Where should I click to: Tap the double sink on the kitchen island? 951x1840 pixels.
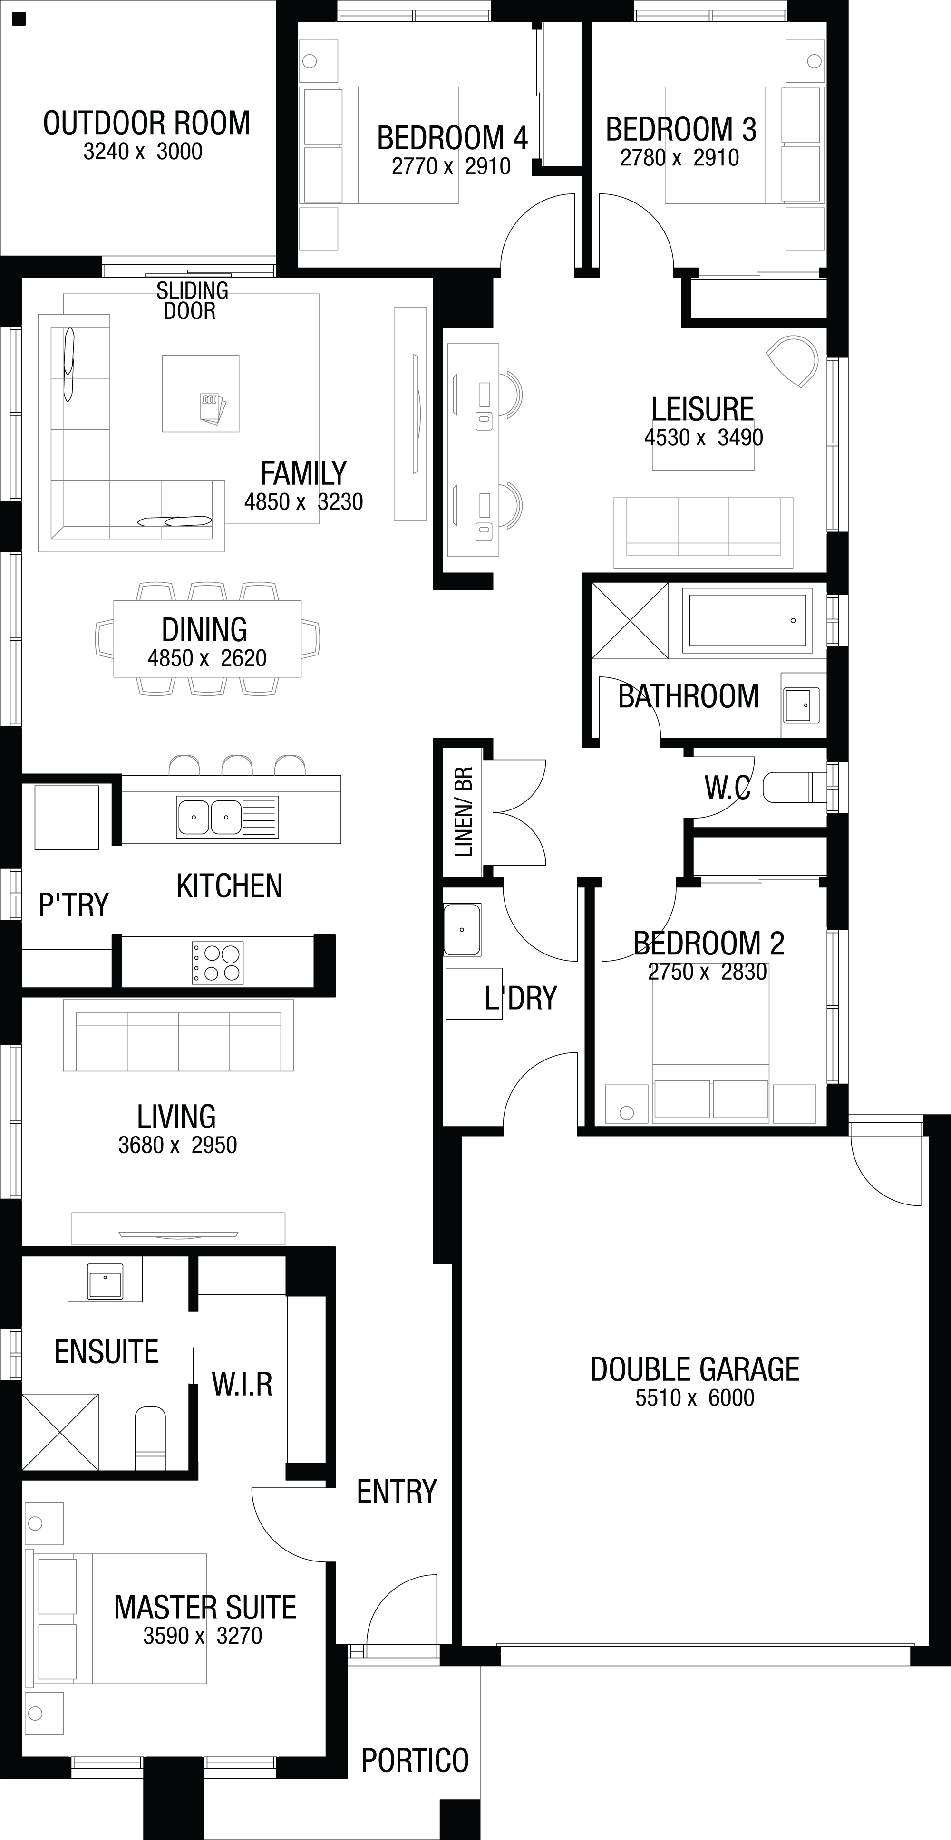pyautogui.click(x=227, y=817)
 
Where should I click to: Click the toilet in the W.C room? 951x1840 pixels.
pyautogui.click(x=795, y=788)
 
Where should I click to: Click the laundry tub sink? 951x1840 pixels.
pyautogui.click(x=462, y=929)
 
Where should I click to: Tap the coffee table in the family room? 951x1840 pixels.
pyautogui.click(x=200, y=394)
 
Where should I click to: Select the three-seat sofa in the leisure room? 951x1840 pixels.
pyautogui.click(x=703, y=532)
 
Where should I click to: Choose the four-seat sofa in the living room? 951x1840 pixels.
pyautogui.click(x=178, y=1035)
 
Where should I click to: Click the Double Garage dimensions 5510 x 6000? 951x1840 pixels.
pyautogui.click(x=695, y=1397)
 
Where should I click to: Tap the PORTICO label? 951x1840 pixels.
pyautogui.click(x=415, y=1760)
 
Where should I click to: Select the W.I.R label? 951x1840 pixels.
pyautogui.click(x=242, y=1384)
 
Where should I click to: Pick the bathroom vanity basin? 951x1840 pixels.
pyautogui.click(x=801, y=705)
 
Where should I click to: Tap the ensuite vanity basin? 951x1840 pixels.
pyautogui.click(x=105, y=1280)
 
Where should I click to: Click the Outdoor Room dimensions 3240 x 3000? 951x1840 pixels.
pyautogui.click(x=143, y=152)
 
